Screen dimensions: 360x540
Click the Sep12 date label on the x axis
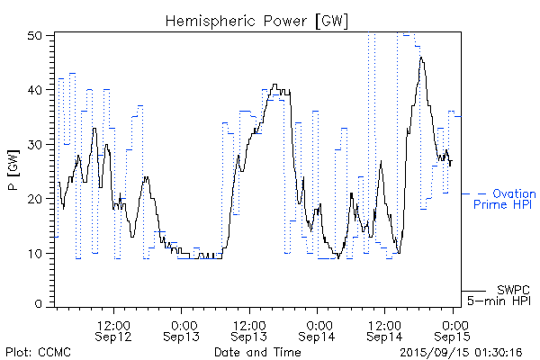click(114, 337)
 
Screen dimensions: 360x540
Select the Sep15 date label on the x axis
click(453, 337)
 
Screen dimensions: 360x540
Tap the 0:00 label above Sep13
click(182, 324)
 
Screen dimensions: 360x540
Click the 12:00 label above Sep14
click(384, 324)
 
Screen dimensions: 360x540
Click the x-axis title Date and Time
click(257, 351)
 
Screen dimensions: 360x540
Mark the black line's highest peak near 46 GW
click(420, 58)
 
